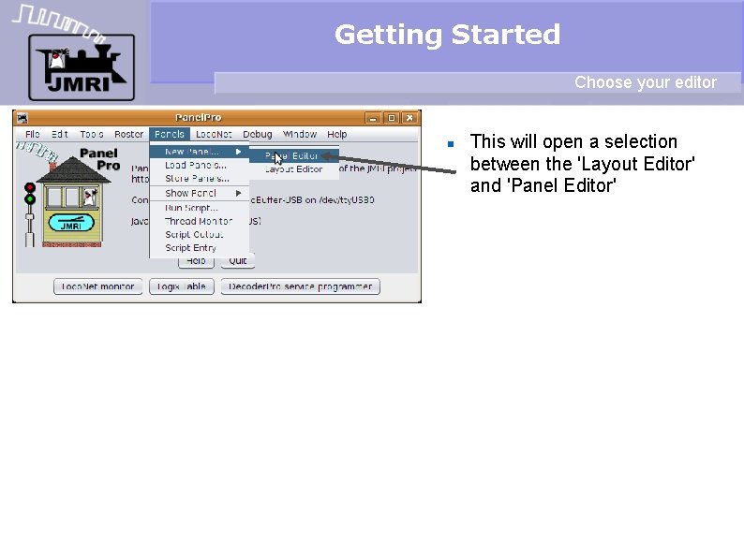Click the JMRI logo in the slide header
(x=81, y=66)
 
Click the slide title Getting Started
(x=447, y=35)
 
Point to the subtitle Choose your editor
(x=645, y=82)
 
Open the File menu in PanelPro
(x=33, y=134)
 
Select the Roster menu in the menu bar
(x=129, y=134)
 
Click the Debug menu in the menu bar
(x=258, y=134)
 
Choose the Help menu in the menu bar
(x=337, y=134)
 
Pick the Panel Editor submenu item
(x=292, y=156)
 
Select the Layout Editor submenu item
(x=293, y=169)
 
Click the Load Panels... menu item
(x=196, y=165)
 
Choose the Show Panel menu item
(x=191, y=193)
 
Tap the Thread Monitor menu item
(x=199, y=221)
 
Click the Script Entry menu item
(x=191, y=248)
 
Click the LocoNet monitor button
(x=98, y=286)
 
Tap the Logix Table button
(x=182, y=286)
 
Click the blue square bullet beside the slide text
(x=451, y=144)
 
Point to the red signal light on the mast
(x=30, y=188)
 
